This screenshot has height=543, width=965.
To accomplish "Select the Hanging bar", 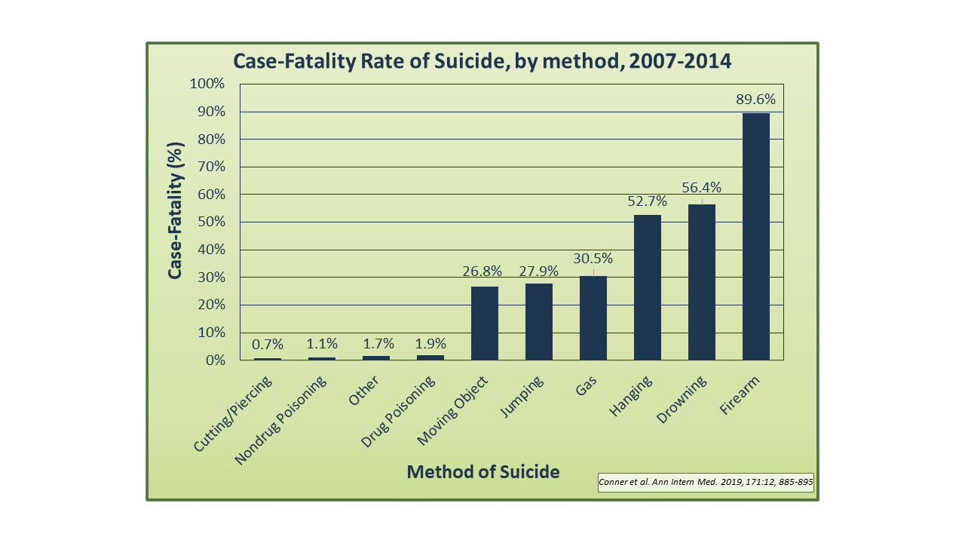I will [x=647, y=287].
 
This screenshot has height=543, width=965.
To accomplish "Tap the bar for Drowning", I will [x=701, y=282].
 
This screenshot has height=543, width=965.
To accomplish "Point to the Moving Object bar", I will [x=484, y=323].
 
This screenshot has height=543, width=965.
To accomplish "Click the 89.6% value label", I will [x=755, y=100].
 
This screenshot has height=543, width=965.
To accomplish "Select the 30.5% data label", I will [x=593, y=258].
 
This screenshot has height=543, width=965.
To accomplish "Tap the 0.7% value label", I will [x=268, y=345].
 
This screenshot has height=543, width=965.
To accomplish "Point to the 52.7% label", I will [x=647, y=201].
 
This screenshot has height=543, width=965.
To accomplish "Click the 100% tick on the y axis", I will [x=207, y=84].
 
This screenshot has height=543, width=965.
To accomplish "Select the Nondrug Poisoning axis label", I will [x=280, y=421].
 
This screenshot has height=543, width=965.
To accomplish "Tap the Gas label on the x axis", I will [x=586, y=382].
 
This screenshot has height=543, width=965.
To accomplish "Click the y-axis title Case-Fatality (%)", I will [x=175, y=210].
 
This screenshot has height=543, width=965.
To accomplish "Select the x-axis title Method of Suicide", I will [x=483, y=472].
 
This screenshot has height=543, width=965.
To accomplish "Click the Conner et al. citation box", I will [x=706, y=482].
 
